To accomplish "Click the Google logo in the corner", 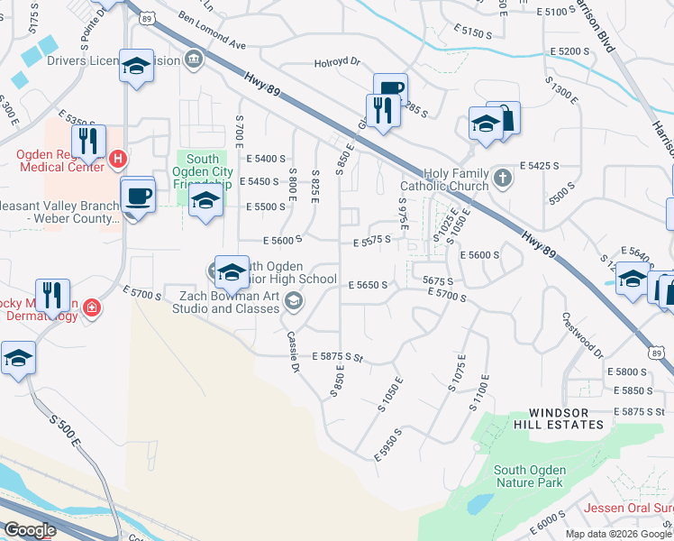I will point(30,530).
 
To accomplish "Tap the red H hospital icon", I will point(116,160).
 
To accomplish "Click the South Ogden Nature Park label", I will point(530,476).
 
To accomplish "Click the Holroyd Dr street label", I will point(336,63).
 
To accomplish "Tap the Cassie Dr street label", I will point(292,351).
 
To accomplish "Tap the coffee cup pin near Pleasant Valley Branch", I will point(138,197).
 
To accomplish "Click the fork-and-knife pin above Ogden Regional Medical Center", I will point(88,142).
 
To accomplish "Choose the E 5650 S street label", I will point(368,285).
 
